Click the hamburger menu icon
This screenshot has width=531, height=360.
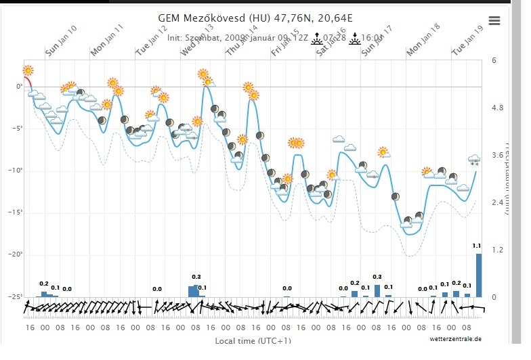coord(494,20)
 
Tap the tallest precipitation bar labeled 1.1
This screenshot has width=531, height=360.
coord(479,275)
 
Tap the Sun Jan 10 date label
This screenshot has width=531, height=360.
coord(61,41)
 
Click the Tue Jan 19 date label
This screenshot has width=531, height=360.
coord(468,41)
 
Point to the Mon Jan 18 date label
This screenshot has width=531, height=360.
coord(423,41)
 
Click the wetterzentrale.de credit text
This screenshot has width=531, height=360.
coord(454,338)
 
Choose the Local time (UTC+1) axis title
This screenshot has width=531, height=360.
coord(253,340)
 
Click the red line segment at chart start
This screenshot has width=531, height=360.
coord(27,82)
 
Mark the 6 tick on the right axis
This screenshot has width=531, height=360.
coord(494,60)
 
